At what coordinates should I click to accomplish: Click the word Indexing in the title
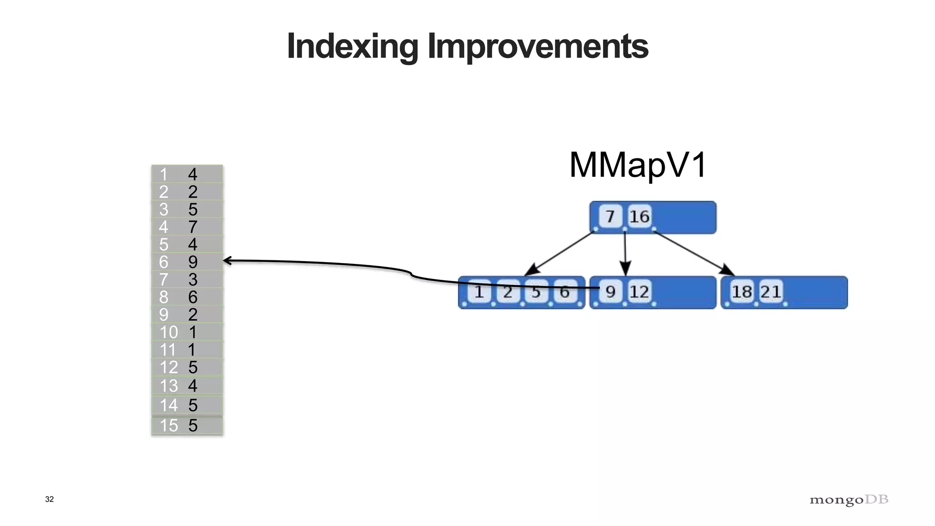click(352, 47)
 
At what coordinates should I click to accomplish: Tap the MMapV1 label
click(638, 165)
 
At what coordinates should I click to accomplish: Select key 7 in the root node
click(610, 216)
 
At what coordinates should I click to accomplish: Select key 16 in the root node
click(639, 216)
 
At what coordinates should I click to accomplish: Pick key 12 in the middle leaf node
click(639, 291)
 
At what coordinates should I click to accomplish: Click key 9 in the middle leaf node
click(610, 291)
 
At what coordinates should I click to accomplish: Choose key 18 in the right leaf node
click(742, 291)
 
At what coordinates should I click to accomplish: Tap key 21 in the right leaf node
click(771, 291)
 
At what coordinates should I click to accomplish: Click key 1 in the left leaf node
click(479, 291)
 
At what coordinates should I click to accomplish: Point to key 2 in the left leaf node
click(508, 291)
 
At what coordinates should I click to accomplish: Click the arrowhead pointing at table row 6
click(227, 261)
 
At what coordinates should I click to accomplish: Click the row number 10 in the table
click(168, 332)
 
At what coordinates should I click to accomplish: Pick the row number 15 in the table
click(168, 426)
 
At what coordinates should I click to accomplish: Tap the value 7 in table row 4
click(193, 227)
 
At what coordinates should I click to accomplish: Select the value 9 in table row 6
click(193, 262)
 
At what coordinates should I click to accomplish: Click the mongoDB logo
click(849, 500)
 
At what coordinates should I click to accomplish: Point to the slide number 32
click(49, 499)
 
